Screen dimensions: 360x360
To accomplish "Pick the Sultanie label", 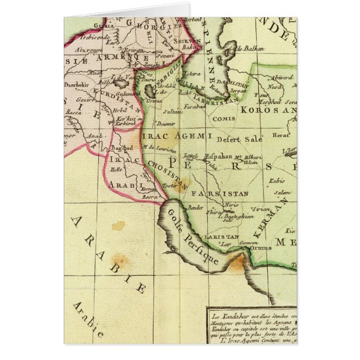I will coord(174,112).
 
